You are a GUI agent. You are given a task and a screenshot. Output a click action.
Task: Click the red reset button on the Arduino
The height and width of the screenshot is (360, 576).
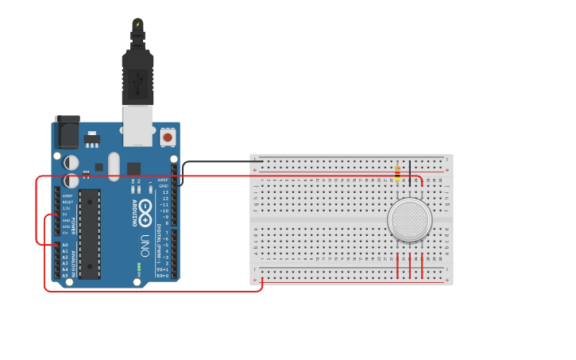168,137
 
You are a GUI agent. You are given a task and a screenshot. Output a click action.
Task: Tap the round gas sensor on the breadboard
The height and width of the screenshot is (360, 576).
409,220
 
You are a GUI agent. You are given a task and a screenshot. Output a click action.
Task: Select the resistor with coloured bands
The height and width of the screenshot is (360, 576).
397,172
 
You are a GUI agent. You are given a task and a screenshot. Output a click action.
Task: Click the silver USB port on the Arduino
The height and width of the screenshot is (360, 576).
137,126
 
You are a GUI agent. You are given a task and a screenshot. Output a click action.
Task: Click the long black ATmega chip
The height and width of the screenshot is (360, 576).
90,234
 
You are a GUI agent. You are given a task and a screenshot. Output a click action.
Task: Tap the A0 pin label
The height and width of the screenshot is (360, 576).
65,245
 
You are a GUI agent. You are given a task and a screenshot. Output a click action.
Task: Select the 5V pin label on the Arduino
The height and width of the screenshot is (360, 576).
67,215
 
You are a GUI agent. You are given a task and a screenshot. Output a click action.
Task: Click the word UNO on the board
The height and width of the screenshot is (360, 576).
145,242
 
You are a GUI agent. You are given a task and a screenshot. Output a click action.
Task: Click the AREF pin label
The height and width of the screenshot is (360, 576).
164,180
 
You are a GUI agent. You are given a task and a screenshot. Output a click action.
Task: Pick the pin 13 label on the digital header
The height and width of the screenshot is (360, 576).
165,192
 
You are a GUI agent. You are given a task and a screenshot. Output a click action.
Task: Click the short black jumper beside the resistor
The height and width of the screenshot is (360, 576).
410,171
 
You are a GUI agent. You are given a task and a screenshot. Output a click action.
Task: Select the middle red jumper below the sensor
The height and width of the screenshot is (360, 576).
410,266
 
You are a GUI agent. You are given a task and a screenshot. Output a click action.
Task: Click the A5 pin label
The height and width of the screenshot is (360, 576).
65,276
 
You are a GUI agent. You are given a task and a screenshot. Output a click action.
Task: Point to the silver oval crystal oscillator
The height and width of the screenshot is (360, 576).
114,166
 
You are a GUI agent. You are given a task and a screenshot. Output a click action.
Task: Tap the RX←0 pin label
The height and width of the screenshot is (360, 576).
162,276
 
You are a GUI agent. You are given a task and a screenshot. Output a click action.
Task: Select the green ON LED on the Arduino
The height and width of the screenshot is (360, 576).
139,265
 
